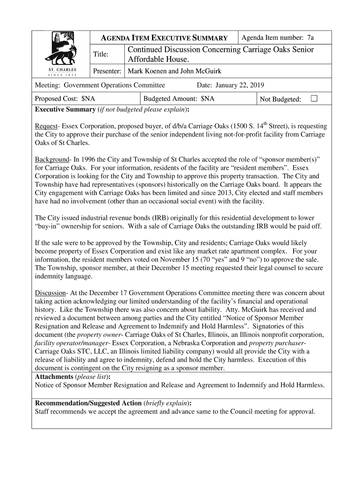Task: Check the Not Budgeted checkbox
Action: (x=314, y=99)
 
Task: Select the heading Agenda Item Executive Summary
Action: (x=165, y=38)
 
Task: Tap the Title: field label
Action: (x=101, y=55)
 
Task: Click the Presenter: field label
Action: (x=108, y=72)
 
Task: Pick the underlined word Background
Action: (x=52, y=159)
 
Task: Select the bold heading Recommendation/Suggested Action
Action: (x=88, y=403)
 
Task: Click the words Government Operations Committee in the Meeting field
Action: (x=115, y=85)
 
